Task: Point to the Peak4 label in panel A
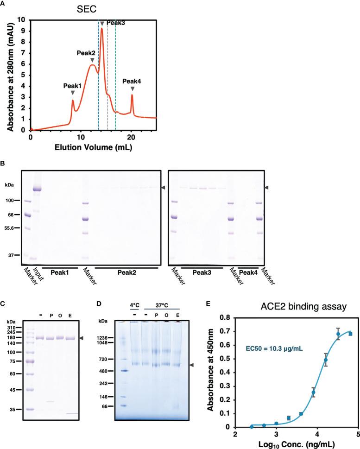click(132, 81)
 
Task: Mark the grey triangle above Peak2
click(92, 61)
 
